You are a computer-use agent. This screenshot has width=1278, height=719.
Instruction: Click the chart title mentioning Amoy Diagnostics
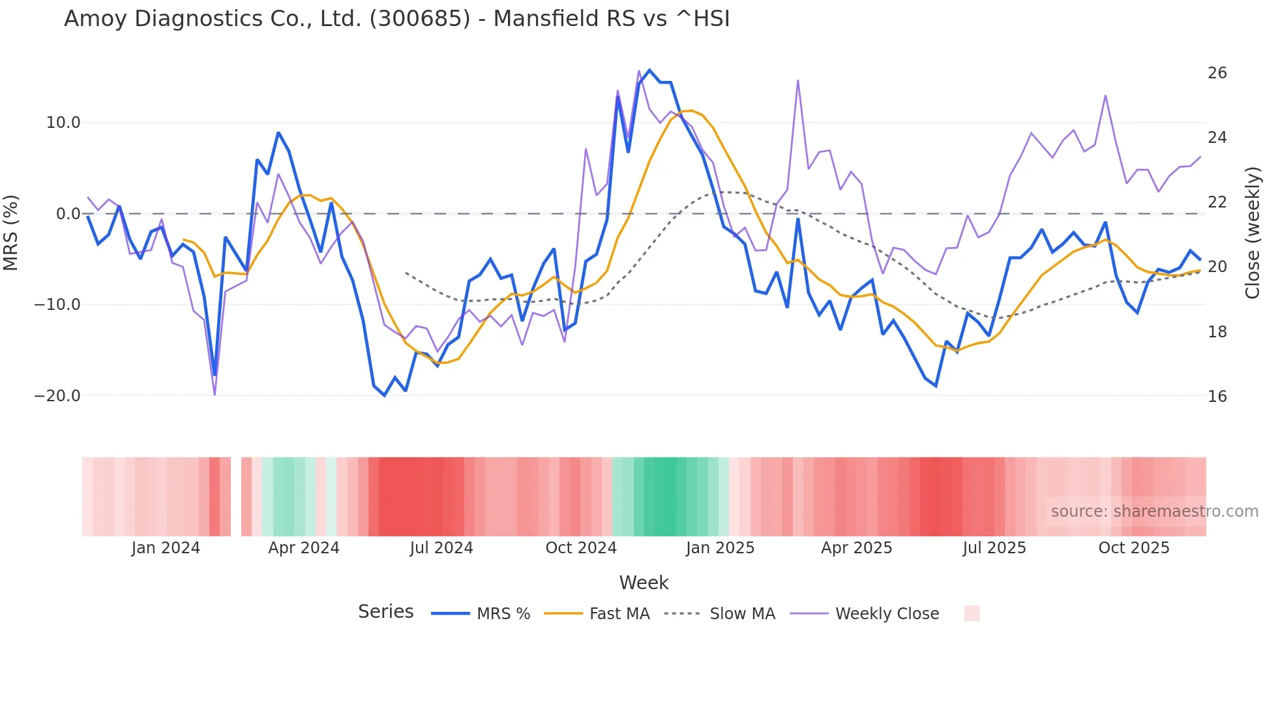[396, 19]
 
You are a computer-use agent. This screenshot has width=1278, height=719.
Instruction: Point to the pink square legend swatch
[972, 613]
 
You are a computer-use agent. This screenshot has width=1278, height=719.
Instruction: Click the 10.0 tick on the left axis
[63, 123]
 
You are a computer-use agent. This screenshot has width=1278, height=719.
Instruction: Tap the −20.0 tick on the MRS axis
[57, 396]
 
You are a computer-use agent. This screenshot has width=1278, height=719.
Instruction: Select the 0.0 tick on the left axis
[68, 214]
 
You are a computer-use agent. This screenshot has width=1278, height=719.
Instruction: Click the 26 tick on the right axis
[1217, 73]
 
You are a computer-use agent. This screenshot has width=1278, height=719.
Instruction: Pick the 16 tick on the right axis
[1217, 397]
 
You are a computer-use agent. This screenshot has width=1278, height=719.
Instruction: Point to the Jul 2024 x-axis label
[441, 548]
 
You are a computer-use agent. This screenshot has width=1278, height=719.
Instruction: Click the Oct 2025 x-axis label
[1134, 548]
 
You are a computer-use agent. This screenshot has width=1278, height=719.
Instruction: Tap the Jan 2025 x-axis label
[720, 548]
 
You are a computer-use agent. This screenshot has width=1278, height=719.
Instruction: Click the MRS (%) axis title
[11, 232]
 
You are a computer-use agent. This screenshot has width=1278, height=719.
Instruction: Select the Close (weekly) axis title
[1252, 233]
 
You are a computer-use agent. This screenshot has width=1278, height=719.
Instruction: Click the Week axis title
[644, 583]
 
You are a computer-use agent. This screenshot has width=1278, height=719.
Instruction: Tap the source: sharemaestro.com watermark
[1154, 512]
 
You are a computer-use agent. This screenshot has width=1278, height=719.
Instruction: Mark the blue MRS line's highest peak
[649, 70]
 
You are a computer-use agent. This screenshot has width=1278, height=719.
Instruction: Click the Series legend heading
[385, 612]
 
